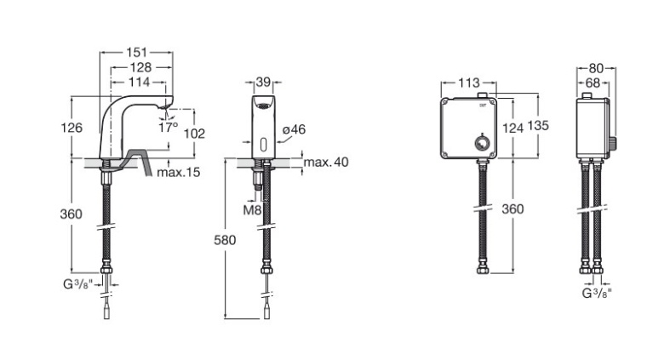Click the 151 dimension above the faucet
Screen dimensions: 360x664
136,52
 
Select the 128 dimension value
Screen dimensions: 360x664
136,67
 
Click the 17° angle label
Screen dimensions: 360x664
169,127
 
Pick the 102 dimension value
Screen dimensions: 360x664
195,134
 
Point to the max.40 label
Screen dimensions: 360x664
326,162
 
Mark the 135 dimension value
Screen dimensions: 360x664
538,124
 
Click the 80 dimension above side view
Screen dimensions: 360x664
595,67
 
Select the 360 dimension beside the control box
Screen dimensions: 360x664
512,209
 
